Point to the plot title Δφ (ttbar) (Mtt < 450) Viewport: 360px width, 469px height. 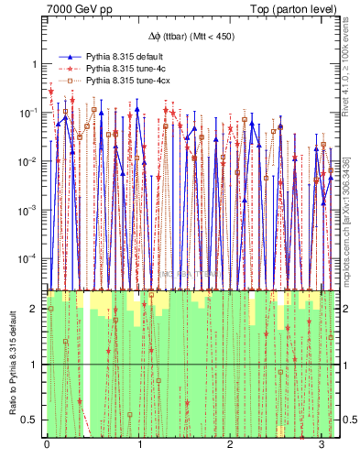point(191,38)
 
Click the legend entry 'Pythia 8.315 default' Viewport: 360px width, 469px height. point(128,57)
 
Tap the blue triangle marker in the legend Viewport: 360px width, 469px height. point(69,57)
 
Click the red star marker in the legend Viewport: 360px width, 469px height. point(69,69)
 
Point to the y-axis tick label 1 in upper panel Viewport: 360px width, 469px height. point(35,65)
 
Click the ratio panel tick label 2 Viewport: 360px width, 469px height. point(36,309)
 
